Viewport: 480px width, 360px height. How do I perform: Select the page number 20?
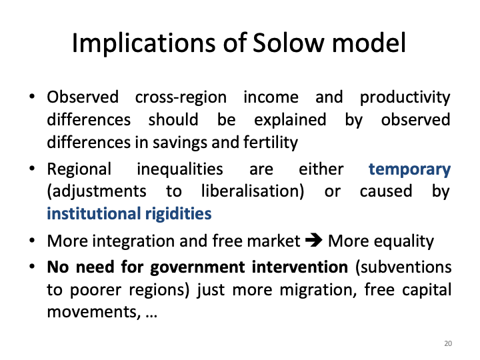tap(447, 343)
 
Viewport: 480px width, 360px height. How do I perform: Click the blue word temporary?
tap(409, 169)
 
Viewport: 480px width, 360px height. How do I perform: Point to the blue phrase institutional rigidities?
tap(129, 214)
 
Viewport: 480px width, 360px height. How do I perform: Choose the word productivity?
tap(405, 97)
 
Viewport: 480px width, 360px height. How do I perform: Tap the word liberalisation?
tap(249, 192)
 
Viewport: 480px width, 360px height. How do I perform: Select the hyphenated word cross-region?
tap(181, 97)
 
